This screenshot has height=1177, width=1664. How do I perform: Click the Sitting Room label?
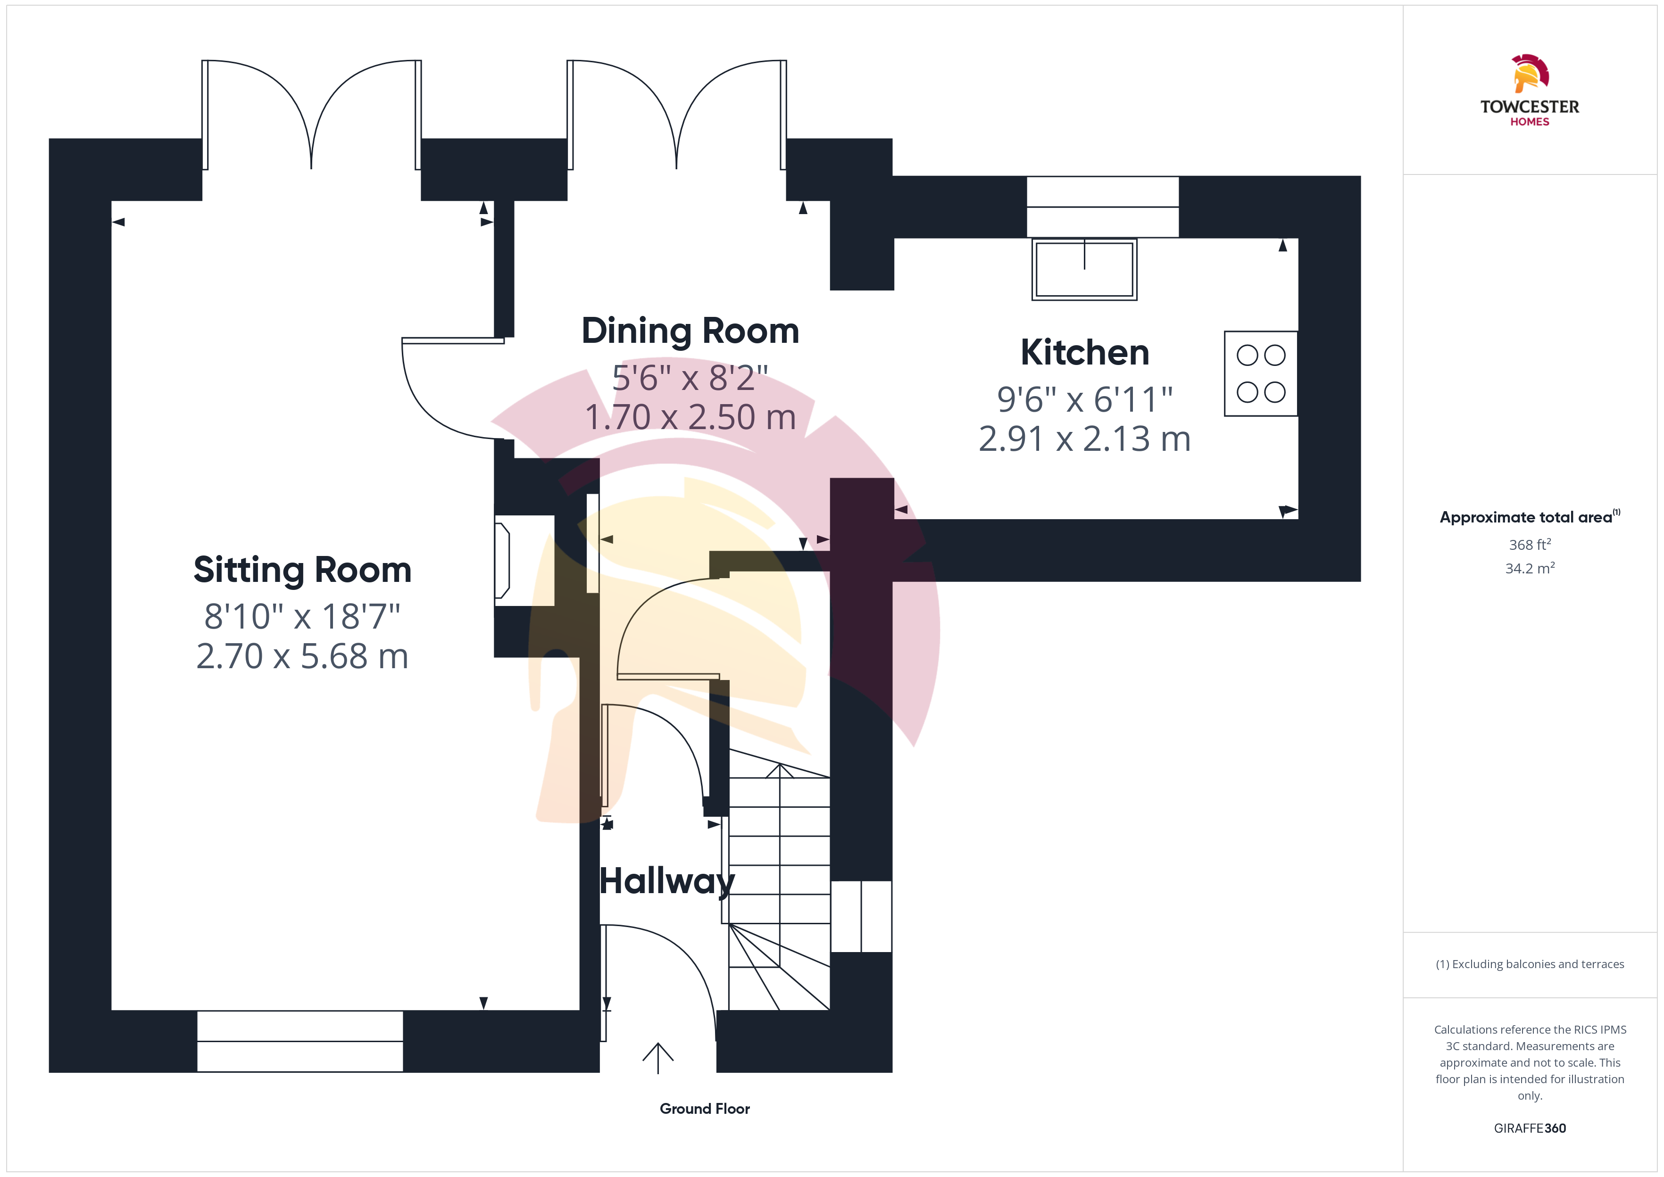click(302, 571)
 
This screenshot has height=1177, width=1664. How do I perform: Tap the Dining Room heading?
click(690, 331)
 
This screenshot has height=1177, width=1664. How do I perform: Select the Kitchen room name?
click(1085, 353)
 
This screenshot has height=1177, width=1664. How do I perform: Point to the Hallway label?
click(667, 882)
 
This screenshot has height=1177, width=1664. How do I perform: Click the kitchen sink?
click(1084, 269)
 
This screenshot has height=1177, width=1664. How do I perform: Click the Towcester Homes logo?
click(1529, 91)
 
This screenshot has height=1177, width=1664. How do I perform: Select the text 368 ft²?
click(1530, 544)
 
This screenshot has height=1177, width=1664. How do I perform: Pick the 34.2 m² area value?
click(1530, 568)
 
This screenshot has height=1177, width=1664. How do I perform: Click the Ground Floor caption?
click(705, 1109)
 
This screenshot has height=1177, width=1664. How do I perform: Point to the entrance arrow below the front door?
click(658, 1058)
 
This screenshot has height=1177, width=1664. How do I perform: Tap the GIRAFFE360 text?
click(1530, 1128)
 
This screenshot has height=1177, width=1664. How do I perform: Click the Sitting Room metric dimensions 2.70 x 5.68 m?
click(302, 656)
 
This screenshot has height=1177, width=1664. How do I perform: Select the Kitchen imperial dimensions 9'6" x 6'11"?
click(1085, 399)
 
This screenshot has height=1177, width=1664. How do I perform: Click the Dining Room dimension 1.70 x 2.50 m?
click(690, 417)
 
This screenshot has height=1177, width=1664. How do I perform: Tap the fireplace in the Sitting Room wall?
click(524, 560)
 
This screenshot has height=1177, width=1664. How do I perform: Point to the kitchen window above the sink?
click(1102, 207)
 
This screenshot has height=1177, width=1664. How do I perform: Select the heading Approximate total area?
click(1526, 517)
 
